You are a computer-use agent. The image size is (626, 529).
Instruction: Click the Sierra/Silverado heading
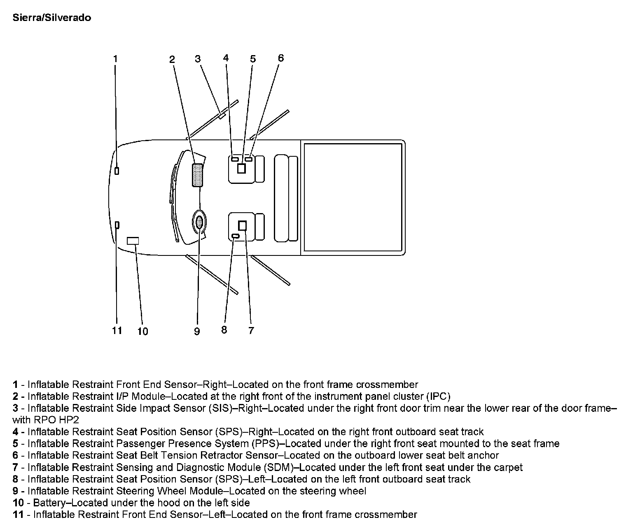(x=52, y=18)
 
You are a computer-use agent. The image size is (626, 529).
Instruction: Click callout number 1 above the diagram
(x=115, y=59)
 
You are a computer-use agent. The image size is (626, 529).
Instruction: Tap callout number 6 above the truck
(x=281, y=58)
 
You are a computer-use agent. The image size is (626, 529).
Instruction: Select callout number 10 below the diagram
(x=142, y=331)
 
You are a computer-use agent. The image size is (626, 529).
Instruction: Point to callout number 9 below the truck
(x=197, y=331)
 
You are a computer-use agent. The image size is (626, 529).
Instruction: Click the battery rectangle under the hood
(x=133, y=241)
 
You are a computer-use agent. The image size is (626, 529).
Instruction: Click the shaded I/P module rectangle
(x=198, y=175)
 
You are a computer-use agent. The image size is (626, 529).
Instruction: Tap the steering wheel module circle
(x=199, y=222)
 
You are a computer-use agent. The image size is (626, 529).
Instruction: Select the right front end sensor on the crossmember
(x=117, y=171)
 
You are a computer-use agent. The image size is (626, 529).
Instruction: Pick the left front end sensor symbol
(x=117, y=225)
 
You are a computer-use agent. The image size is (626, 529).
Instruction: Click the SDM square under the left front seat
(x=242, y=225)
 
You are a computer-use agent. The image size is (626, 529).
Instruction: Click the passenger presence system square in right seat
(x=241, y=168)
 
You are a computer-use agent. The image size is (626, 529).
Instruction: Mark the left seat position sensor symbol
(x=236, y=236)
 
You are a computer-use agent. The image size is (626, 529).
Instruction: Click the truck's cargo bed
(x=353, y=197)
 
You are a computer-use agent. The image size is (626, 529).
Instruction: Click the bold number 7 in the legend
(x=15, y=467)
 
